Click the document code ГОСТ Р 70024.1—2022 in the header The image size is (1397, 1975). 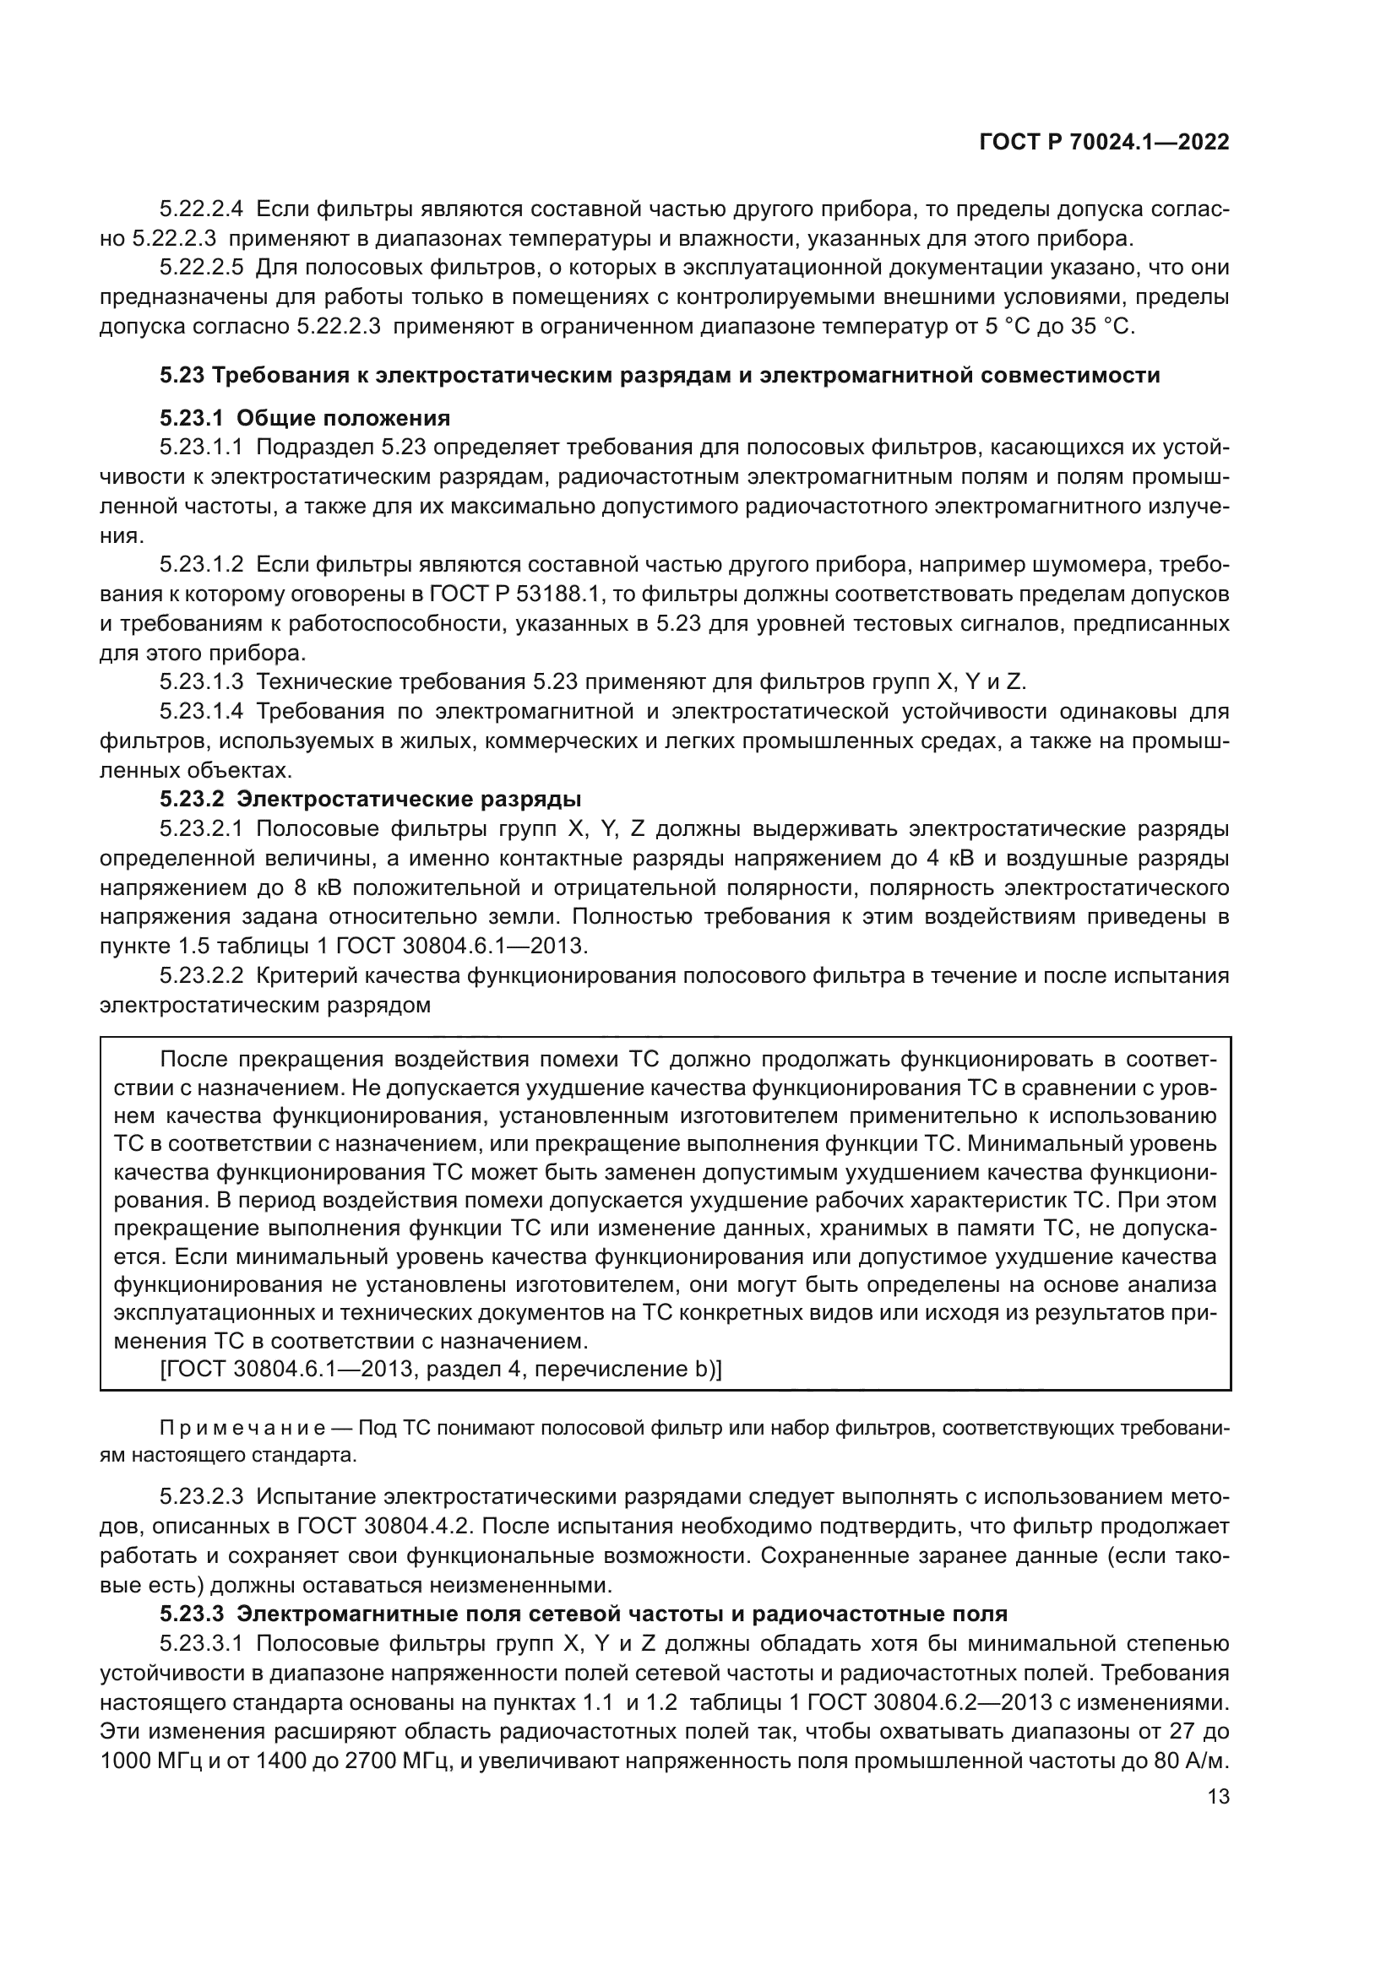[x=1104, y=143]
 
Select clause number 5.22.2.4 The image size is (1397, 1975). [x=202, y=209]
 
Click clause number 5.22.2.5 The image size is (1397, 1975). [x=202, y=268]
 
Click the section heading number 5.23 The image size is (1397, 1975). [x=182, y=375]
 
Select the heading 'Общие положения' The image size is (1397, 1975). [x=343, y=418]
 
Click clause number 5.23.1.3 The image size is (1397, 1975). [x=202, y=681]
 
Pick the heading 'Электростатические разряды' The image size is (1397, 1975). [x=409, y=799]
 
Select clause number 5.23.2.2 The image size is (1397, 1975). [x=202, y=975]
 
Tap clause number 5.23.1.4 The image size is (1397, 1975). [x=202, y=711]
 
